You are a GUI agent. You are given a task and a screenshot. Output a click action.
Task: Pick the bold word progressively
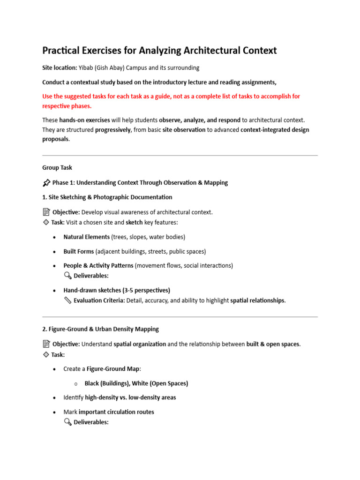click(x=113, y=130)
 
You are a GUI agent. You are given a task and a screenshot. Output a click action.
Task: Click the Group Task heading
click(x=57, y=167)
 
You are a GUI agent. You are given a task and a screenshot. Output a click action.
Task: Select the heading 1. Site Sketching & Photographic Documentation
click(x=107, y=197)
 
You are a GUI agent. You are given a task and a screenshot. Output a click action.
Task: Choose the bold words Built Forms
click(x=79, y=251)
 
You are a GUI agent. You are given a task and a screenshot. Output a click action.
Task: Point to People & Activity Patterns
click(x=98, y=265)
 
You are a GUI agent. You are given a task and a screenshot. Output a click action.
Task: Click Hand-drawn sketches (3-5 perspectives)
click(x=117, y=290)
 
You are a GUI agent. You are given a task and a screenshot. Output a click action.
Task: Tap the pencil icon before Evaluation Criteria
click(x=67, y=300)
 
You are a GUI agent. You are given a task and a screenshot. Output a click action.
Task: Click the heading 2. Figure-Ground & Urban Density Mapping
click(x=101, y=329)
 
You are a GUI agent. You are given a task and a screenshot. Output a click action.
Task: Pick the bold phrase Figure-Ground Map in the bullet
click(x=113, y=369)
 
